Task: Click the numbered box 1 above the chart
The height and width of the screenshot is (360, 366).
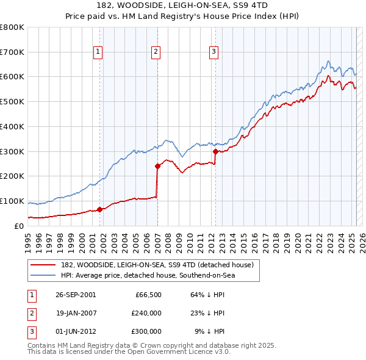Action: pos(99,52)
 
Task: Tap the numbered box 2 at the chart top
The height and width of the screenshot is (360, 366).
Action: pos(156,52)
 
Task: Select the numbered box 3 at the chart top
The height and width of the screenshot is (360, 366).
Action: pos(214,52)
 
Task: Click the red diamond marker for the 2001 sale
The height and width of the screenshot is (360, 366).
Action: pos(100,209)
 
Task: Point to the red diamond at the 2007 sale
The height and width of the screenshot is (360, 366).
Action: pos(157,165)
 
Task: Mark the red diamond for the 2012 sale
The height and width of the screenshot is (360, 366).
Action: pos(215,151)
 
